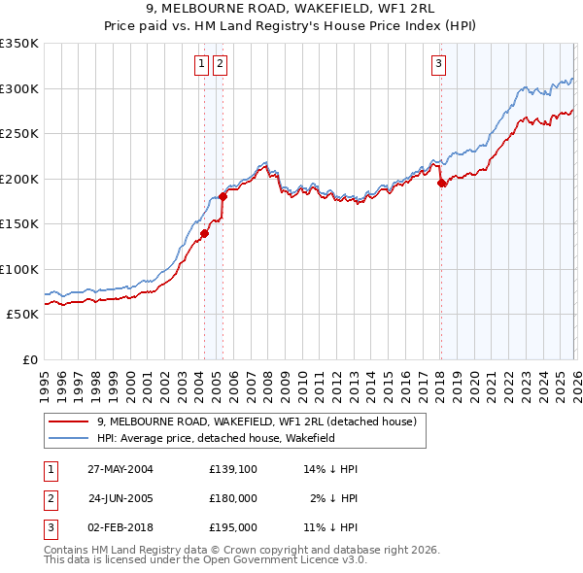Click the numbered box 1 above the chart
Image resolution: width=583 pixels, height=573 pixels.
201,65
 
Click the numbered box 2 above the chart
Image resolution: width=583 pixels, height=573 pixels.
220,65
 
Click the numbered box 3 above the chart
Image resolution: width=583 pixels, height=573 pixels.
438,65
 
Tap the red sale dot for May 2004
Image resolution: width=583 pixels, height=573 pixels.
205,233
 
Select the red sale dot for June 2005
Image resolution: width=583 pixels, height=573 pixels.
223,196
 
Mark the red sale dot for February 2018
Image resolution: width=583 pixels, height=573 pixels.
441,183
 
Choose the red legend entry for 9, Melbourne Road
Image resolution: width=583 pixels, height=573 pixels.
257,421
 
